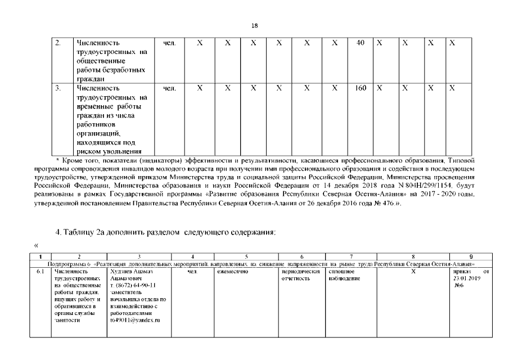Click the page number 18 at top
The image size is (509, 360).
click(254, 25)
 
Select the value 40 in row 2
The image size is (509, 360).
click(361, 43)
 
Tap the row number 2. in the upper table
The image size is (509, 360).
click(58, 43)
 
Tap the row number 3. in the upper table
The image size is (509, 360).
click(58, 88)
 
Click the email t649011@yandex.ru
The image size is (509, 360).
click(135, 319)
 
